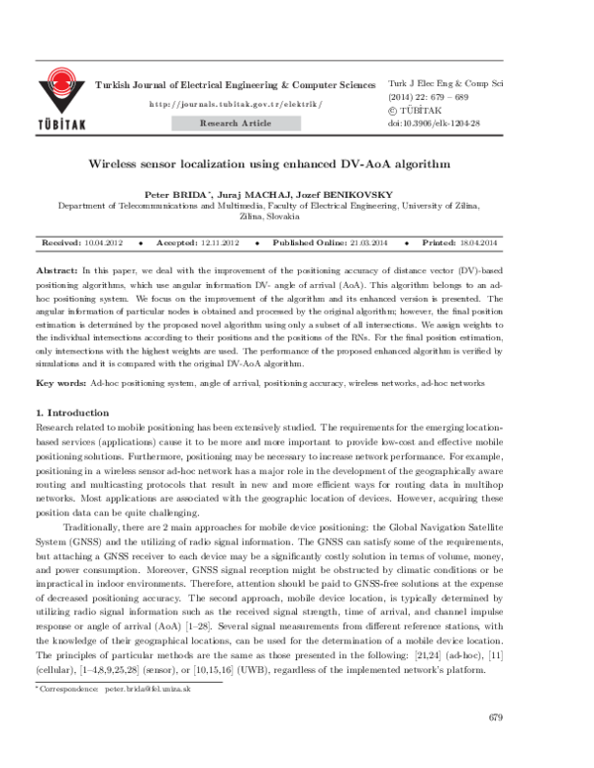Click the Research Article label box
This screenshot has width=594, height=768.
click(x=235, y=124)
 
